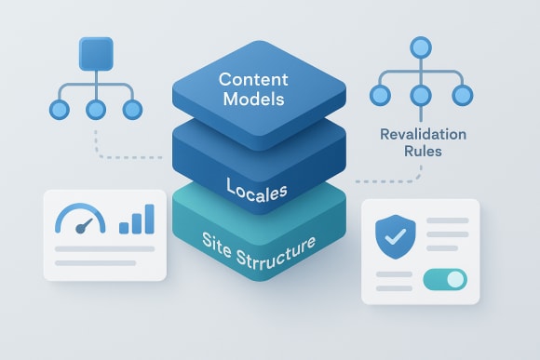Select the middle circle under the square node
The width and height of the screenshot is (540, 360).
96,109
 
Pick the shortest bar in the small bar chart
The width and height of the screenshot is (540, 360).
125,226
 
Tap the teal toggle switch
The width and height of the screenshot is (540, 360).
444,279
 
